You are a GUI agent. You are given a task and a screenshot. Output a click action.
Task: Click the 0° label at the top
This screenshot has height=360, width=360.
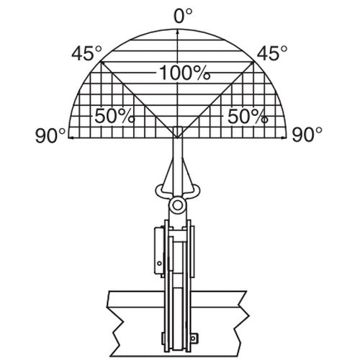pos(183,16)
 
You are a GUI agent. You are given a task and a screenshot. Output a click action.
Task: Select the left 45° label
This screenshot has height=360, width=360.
pos(86,53)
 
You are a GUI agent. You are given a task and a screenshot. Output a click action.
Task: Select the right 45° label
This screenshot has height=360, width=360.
pos(272,53)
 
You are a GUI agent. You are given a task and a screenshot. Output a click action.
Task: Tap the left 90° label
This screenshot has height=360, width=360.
pos(50,135)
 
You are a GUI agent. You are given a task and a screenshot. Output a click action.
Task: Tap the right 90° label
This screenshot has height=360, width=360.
pos(307,135)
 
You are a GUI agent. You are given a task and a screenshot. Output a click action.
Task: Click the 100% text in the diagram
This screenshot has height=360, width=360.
pos(185,73)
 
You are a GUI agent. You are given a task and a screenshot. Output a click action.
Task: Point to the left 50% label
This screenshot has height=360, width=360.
pos(114,116)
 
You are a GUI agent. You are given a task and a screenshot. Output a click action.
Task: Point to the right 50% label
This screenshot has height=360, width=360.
pos(248,116)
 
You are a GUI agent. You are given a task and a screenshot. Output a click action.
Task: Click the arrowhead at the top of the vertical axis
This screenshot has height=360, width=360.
pos(177,32)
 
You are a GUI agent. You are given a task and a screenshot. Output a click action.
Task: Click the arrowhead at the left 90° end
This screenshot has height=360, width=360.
pos(71,138)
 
